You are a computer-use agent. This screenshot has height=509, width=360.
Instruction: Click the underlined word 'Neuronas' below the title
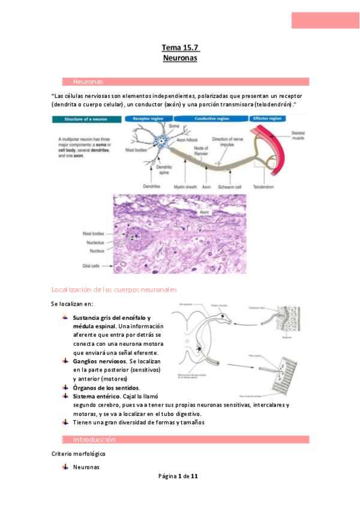[x=180, y=59]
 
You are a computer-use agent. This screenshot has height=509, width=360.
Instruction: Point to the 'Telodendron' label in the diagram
[x=264, y=187]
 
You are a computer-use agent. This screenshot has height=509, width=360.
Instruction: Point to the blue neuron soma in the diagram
[x=161, y=142]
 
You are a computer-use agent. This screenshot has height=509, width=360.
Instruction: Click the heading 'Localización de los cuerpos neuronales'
[x=114, y=290]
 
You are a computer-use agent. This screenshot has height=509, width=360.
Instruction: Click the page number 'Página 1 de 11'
[x=178, y=477]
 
